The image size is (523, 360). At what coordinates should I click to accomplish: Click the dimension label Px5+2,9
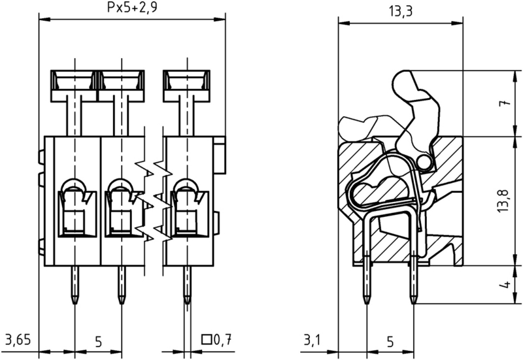coord(132,7)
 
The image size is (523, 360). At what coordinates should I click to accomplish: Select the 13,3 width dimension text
coord(401,11)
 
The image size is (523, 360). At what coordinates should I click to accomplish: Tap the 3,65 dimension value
coord(18,340)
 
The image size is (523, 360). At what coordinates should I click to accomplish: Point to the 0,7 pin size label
coord(222,340)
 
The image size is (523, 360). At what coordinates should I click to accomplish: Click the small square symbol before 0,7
coord(207,339)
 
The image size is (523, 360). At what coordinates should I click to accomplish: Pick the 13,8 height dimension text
coord(504,201)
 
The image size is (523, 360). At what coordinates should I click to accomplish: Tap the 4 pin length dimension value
coord(506,284)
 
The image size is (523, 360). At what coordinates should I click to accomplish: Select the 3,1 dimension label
coord(312,340)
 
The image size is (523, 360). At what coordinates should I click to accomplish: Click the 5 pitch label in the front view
coord(99,342)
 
